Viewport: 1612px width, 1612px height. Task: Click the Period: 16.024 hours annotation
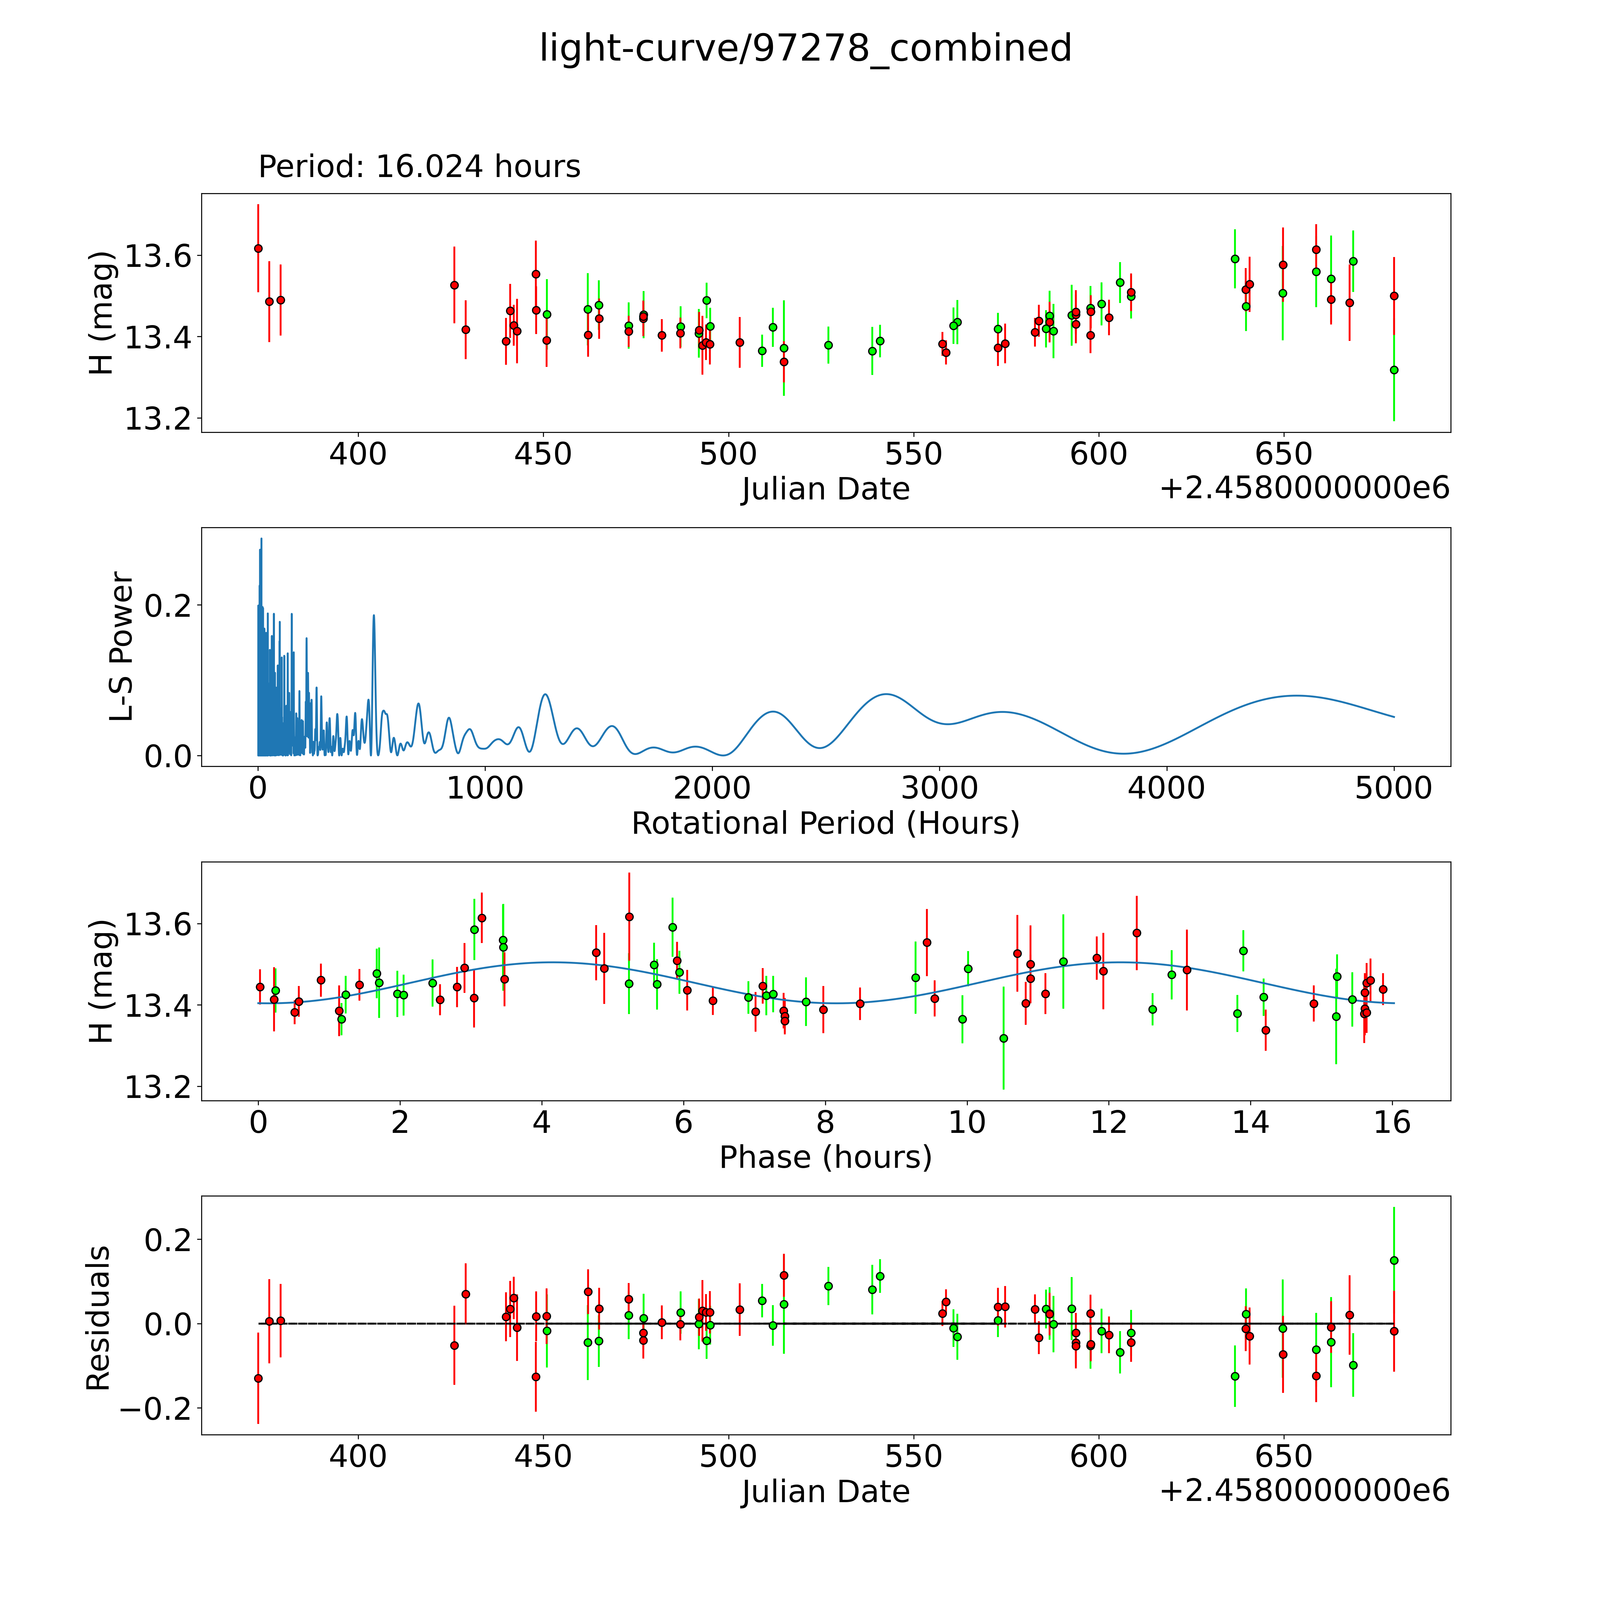point(419,167)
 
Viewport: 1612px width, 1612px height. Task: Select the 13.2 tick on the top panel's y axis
point(157,419)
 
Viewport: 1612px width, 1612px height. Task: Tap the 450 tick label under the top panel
point(542,455)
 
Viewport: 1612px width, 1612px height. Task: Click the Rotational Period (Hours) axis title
point(825,824)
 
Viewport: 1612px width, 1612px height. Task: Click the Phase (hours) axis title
point(825,1157)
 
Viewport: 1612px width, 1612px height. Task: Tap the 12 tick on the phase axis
point(1109,1122)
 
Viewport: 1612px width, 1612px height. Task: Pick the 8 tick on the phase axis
point(825,1122)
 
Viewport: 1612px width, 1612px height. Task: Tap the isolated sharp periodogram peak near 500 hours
point(374,616)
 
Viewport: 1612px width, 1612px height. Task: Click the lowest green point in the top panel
point(1393,370)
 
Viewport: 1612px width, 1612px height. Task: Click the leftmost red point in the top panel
point(258,249)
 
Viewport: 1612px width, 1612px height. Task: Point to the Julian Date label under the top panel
point(825,489)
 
